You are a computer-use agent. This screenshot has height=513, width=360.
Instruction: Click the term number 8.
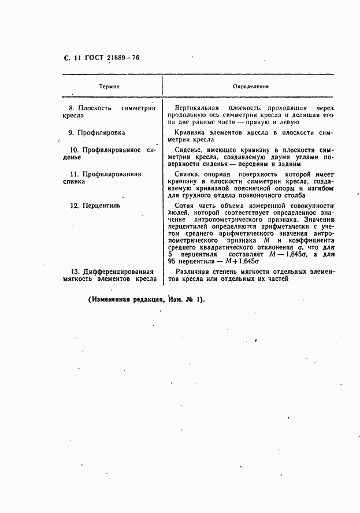(x=71, y=108)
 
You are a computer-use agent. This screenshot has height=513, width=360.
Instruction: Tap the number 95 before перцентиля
(x=172, y=262)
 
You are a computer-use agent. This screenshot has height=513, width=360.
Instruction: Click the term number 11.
(x=73, y=173)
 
